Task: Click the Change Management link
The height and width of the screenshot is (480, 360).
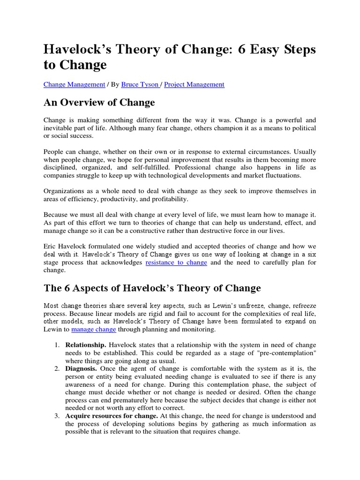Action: [x=74, y=84]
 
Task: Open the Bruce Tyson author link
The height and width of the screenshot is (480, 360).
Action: [x=140, y=84]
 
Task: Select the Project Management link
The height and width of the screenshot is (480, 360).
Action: [x=195, y=84]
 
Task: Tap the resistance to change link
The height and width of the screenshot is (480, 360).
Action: [x=176, y=262]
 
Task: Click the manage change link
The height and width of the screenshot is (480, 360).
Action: [x=94, y=329]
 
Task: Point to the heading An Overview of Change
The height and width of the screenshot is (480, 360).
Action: [x=99, y=102]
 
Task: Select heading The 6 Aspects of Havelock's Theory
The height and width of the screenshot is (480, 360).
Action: [x=152, y=287]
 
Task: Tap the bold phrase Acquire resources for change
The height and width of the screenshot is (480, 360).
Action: [x=111, y=415]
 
